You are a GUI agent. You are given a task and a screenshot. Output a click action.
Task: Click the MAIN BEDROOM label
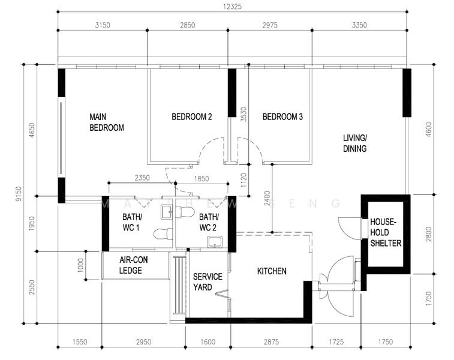pos(107,122)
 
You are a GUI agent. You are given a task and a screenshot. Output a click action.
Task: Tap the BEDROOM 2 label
pos(192,117)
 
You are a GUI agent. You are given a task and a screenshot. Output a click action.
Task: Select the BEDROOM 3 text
pos(282,117)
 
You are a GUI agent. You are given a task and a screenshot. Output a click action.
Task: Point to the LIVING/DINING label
pos(355,143)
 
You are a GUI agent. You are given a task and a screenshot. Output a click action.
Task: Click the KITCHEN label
pos(272,271)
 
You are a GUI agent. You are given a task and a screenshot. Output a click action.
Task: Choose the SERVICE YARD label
pos(208,282)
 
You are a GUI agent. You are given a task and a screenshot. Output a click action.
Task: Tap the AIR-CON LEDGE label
pos(134,265)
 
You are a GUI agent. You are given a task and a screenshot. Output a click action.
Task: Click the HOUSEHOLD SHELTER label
pos(386,233)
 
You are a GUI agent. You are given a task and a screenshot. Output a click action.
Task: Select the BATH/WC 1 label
pos(132,222)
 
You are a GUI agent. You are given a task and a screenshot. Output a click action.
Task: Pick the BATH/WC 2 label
pos(209,222)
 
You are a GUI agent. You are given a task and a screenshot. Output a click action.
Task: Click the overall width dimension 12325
pos(232,7)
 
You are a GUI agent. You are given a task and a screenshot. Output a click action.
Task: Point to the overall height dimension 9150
pos(18,194)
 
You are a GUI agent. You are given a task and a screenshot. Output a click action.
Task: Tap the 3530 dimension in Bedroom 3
pos(243,115)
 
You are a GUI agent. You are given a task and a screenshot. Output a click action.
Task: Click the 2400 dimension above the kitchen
pos(267,199)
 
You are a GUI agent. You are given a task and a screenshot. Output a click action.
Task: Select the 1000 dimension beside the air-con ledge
pos(81,265)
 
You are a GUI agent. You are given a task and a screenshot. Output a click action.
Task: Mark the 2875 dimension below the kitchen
pos(271,342)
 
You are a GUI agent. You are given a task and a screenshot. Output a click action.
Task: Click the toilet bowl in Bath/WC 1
pos(163,234)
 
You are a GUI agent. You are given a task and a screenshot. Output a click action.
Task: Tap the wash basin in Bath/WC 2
pos(215,242)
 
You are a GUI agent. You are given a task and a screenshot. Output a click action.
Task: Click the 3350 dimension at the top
pos(359,25)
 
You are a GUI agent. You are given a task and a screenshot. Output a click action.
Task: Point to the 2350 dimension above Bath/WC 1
pos(142,178)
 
